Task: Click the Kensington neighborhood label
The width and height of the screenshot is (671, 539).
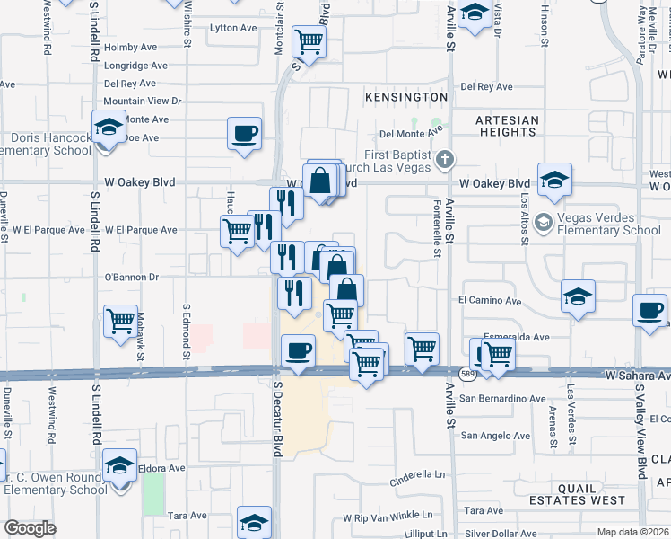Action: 405,96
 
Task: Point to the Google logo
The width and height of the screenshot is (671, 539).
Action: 30,528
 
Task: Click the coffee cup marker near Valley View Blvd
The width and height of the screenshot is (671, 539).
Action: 651,311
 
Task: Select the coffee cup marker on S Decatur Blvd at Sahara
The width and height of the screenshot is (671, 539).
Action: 299,350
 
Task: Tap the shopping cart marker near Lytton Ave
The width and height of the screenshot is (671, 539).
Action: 309,40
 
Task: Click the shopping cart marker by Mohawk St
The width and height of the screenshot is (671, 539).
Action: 120,321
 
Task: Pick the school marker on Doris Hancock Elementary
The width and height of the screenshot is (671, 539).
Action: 109,127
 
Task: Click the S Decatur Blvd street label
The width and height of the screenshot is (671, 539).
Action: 277,423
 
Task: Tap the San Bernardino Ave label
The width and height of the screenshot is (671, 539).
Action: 502,398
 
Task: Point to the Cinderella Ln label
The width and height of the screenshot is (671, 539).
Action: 417,473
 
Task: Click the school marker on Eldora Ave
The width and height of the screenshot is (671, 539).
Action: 119,465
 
